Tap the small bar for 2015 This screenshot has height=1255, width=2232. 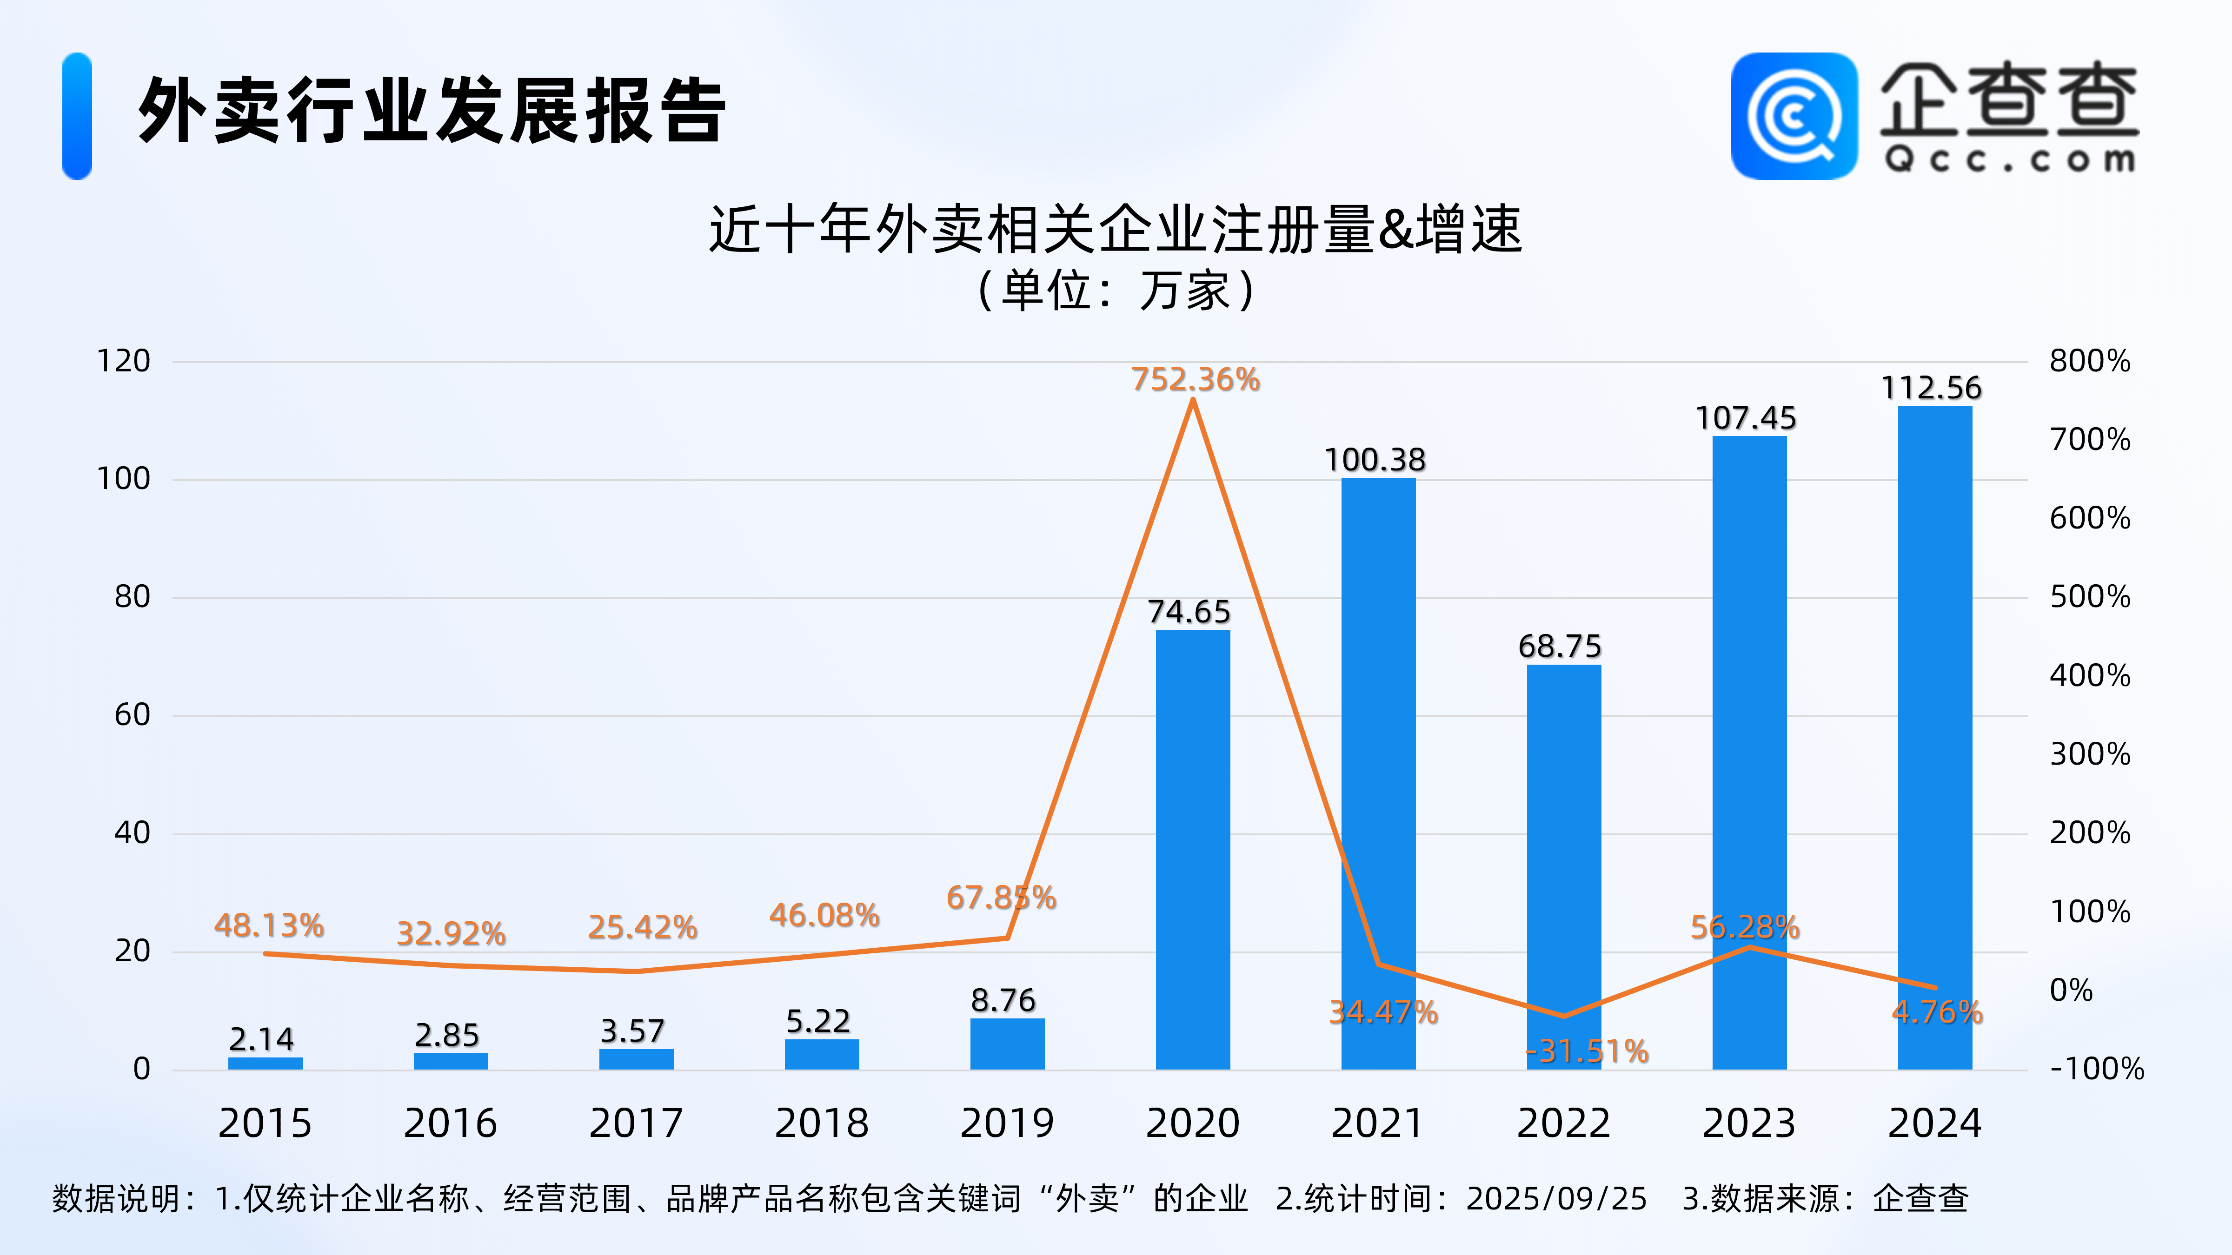point(265,1063)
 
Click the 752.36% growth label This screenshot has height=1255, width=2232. point(1195,379)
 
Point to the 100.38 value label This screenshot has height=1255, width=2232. point(1375,460)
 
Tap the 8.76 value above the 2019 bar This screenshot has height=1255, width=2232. point(1003,1000)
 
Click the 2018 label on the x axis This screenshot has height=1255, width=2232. point(821,1123)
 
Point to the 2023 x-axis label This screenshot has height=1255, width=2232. point(1748,1123)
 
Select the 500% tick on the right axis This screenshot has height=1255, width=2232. point(2089,597)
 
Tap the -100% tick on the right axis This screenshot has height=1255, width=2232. point(2096,1069)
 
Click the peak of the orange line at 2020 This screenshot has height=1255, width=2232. point(1193,400)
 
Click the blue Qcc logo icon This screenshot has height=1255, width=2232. point(1794,116)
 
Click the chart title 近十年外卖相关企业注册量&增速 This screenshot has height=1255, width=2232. point(1115,230)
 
